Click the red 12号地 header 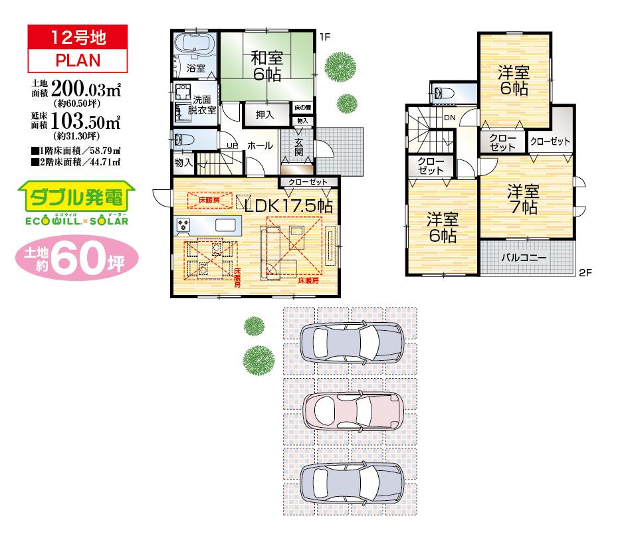[78, 37]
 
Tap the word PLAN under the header [78, 60]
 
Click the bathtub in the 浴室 [193, 46]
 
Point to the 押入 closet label [264, 115]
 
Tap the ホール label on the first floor [259, 145]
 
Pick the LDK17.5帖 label [288, 205]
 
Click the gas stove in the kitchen [183, 225]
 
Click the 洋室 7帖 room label [523, 199]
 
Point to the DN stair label [449, 118]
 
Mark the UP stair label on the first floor [233, 145]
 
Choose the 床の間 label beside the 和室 [302, 108]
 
